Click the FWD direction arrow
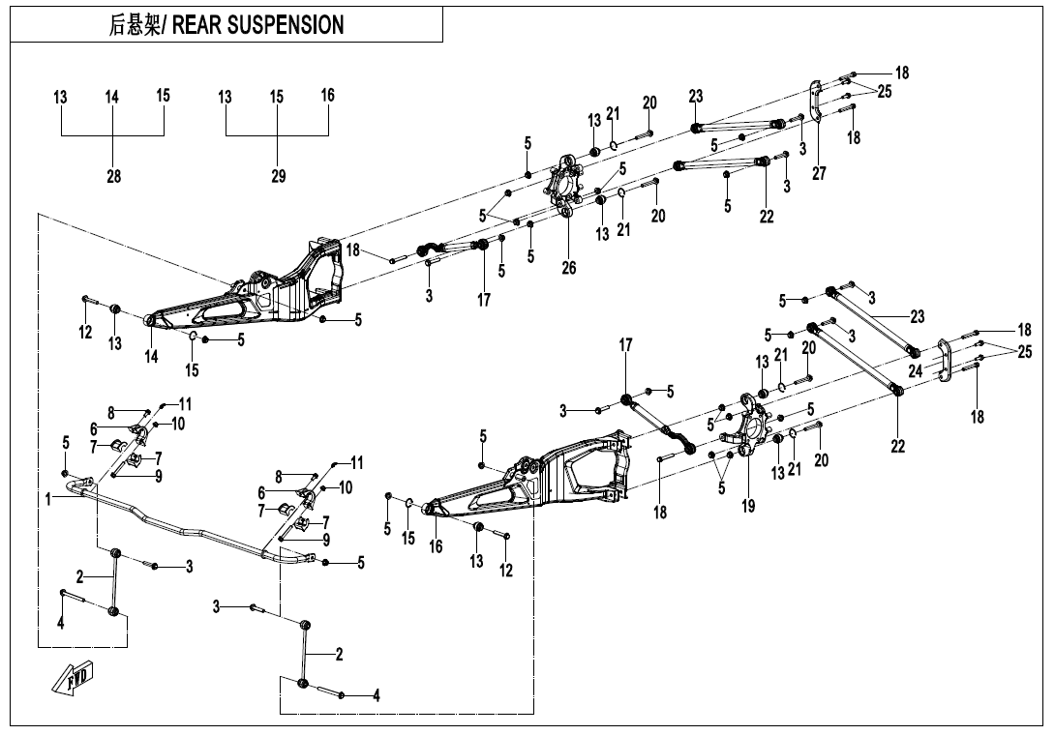point(73,678)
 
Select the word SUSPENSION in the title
point(286,25)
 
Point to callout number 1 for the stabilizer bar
point(48,500)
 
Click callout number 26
point(568,268)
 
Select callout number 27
point(818,173)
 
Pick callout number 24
point(915,370)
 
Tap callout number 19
point(748,506)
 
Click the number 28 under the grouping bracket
point(113,176)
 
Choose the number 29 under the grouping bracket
point(279,176)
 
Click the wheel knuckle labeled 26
point(566,185)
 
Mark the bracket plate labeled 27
point(816,102)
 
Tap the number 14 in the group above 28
point(111,97)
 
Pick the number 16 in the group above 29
point(328,95)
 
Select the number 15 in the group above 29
point(277,97)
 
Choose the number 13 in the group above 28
point(61,97)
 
